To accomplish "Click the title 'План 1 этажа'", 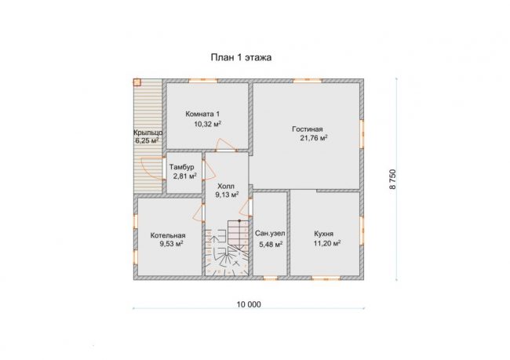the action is (241, 57).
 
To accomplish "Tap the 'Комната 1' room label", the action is (202, 115).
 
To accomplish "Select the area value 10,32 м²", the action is (208, 124).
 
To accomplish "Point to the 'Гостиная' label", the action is (308, 129).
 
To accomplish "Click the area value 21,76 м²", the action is (314, 138).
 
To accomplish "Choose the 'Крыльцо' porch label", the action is (148, 133).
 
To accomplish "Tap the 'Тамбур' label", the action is (181, 167).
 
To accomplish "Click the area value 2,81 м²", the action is (184, 176).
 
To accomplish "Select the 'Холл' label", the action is (226, 187).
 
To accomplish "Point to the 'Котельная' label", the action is (168, 235).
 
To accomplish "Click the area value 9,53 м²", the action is (171, 244).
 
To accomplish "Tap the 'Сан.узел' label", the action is (270, 234).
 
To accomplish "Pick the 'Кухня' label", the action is (323, 234).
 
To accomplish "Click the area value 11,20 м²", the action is (327, 243).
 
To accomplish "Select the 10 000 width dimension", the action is (249, 304).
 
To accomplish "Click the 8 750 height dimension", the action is (393, 179).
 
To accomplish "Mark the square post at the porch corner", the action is (137, 82).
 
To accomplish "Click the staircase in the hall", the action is (227, 248).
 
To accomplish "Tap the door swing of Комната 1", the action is (226, 145).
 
